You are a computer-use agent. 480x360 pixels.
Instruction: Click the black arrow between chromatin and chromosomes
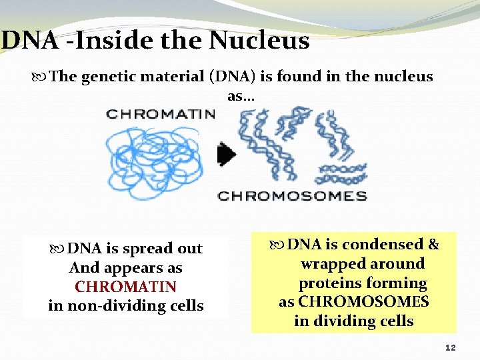pos(227,155)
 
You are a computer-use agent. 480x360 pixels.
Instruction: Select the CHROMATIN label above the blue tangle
pos(160,114)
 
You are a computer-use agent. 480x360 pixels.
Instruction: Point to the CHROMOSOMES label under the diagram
pos(293,196)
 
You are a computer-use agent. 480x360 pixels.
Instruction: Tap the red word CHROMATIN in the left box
pos(125,287)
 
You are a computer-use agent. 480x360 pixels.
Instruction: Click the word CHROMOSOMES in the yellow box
pos(363,302)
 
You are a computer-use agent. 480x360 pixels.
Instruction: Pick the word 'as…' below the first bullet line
pos(240,96)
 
